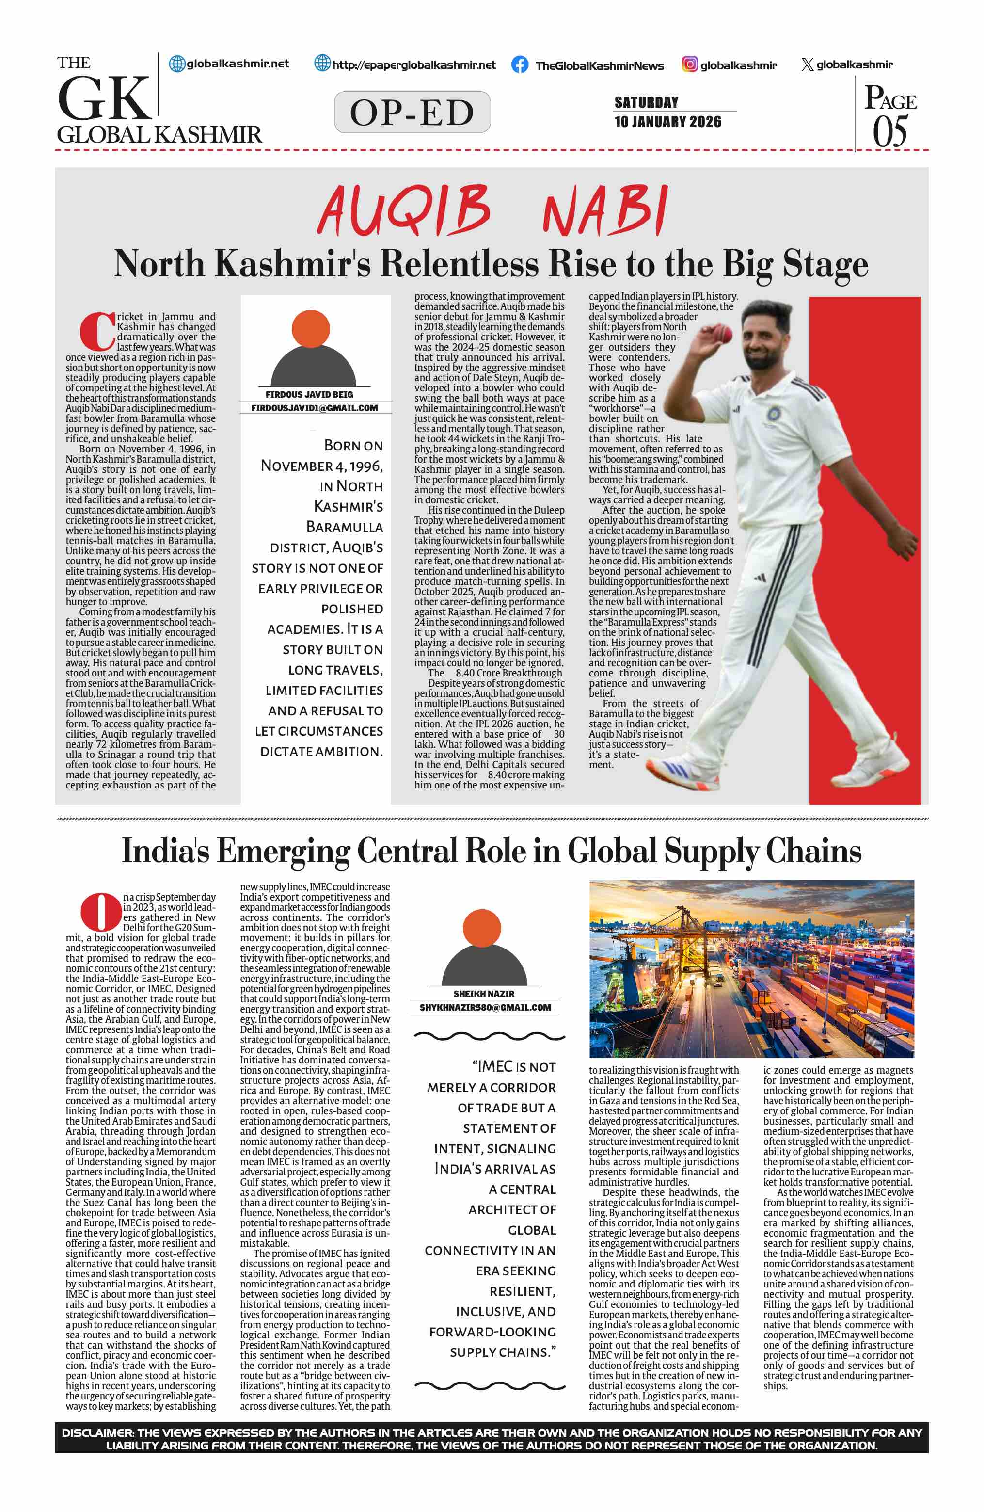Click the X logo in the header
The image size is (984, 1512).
[807, 64]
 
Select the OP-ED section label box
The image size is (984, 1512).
[412, 113]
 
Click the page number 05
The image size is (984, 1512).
[889, 131]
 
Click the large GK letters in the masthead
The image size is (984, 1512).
[105, 98]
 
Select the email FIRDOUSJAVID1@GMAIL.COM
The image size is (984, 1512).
[314, 408]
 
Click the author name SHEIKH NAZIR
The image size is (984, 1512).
[484, 994]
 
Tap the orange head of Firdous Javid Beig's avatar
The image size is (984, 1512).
[310, 328]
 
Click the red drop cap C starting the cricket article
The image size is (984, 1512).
[97, 331]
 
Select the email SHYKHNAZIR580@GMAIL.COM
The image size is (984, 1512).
[485, 1007]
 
